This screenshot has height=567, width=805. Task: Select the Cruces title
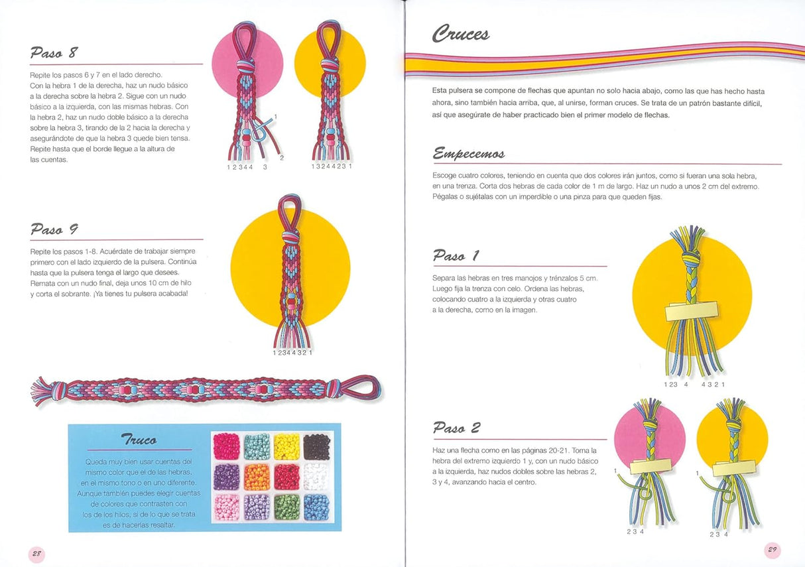(461, 33)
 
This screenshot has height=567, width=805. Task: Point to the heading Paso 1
(456, 255)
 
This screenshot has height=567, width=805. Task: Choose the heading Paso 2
(456, 428)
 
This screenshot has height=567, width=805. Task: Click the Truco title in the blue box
(139, 440)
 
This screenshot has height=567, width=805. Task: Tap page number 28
(36, 553)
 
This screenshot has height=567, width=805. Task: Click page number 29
(773, 550)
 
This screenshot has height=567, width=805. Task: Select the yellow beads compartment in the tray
(286, 446)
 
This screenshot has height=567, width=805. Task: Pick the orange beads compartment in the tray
(257, 477)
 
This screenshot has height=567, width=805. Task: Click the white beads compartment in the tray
(316, 477)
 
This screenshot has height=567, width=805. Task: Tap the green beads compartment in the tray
(286, 507)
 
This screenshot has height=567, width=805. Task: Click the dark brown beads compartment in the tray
(316, 446)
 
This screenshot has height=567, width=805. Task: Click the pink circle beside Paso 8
(229, 63)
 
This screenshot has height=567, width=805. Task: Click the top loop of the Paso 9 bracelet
(290, 209)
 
